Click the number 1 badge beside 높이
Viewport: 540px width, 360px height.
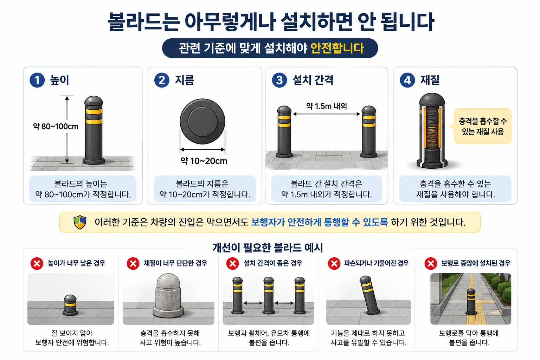(x=37, y=80)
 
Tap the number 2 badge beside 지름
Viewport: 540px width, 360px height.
(x=162, y=80)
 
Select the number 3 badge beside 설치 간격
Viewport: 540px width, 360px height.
(x=279, y=80)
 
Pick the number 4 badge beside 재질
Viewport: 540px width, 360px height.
(x=407, y=80)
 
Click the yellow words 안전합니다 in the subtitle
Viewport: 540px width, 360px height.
(x=337, y=48)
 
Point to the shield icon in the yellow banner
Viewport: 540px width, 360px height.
(x=80, y=222)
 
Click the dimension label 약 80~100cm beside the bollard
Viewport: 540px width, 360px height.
(x=56, y=126)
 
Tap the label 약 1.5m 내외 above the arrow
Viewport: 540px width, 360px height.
(x=326, y=106)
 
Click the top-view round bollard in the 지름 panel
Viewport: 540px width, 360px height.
(x=202, y=122)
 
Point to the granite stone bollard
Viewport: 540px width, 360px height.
(x=168, y=295)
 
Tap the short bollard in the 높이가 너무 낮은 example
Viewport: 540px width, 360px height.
(x=70, y=305)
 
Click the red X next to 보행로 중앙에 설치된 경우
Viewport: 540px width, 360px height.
(x=431, y=263)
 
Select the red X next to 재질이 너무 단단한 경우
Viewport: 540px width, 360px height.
(x=133, y=263)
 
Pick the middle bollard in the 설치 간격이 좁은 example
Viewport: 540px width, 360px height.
(x=269, y=295)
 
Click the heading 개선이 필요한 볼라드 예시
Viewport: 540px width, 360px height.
(x=268, y=247)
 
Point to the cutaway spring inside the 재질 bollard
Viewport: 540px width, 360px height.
(x=432, y=129)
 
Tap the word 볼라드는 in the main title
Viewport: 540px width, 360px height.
(x=143, y=22)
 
